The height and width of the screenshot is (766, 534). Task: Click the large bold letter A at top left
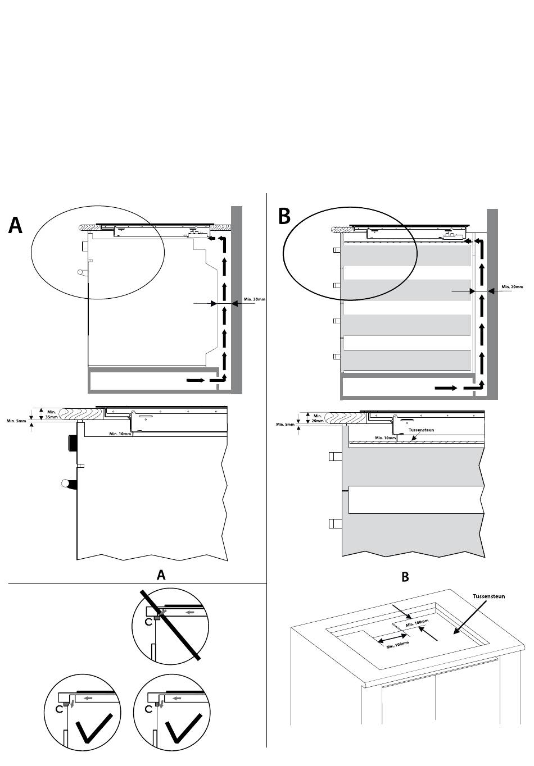pos(15,225)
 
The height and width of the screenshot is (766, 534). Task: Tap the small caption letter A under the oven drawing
pos(161,575)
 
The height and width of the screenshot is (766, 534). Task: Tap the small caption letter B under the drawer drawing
pos(405,577)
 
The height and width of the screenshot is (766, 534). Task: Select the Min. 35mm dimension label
pos(51,415)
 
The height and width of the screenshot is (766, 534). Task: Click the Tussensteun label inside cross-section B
pos(421,430)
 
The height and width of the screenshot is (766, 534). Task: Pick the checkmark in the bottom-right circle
pos(183,727)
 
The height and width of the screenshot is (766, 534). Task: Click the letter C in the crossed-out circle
pos(148,622)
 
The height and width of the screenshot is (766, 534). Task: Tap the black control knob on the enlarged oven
pos(71,444)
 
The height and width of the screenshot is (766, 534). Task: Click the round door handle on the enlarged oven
pos(69,484)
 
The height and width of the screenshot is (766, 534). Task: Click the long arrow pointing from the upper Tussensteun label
pos(469,621)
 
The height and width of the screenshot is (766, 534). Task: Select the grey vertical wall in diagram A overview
pos(237,299)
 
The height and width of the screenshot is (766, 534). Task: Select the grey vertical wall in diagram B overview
pos(492,304)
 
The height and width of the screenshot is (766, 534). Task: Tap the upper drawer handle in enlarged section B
pos(335,456)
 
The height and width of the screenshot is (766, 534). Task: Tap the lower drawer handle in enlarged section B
pos(335,523)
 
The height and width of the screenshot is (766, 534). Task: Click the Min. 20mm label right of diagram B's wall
pos(512,286)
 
